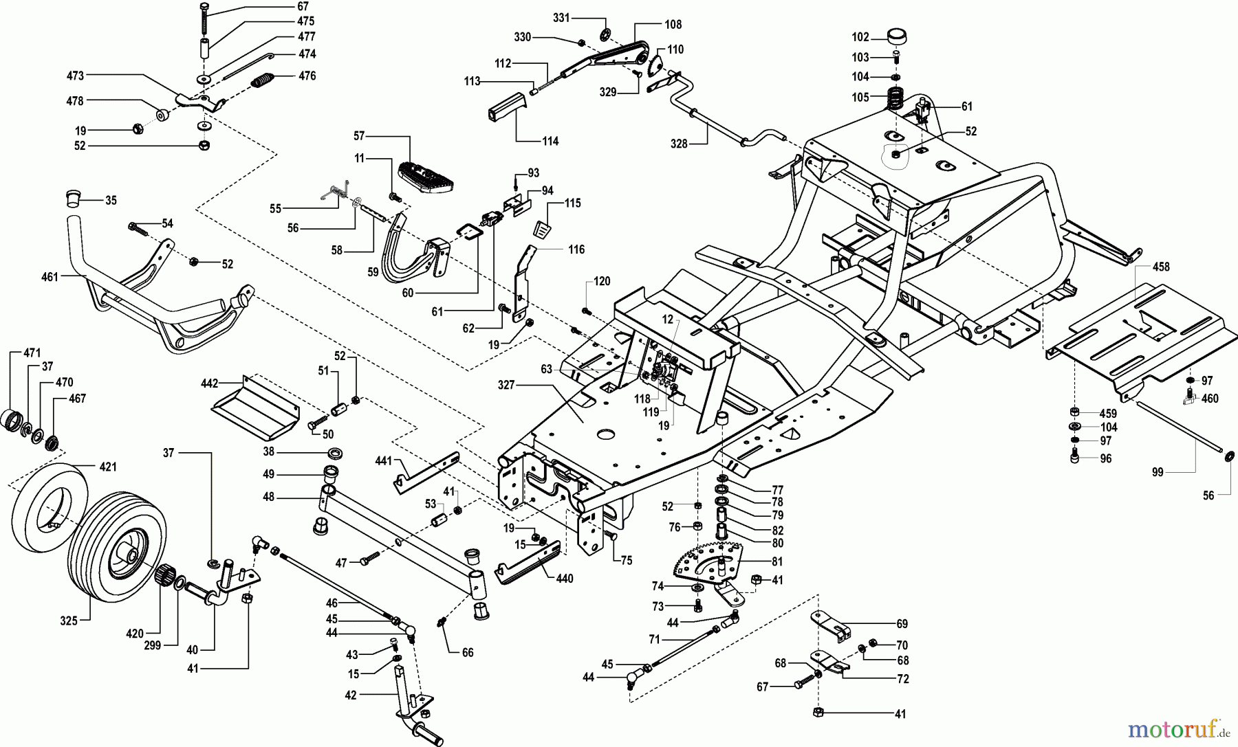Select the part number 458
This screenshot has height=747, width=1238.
(1161, 267)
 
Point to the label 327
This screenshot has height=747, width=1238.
(506, 386)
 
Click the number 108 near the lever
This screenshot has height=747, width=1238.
(673, 25)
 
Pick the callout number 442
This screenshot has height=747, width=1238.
(209, 383)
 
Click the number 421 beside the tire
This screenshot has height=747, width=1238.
(108, 467)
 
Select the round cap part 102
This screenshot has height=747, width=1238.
(895, 36)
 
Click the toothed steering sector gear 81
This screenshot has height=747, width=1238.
(708, 560)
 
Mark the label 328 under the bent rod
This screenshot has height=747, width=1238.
(679, 144)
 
